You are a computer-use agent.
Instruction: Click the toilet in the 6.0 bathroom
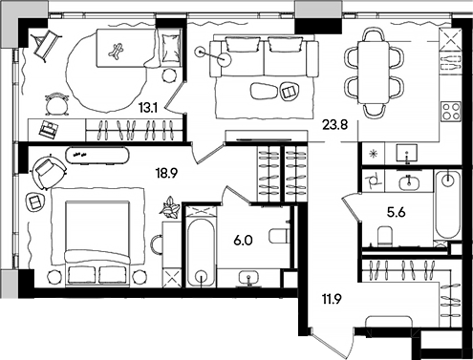pyautogui.click(x=279, y=236)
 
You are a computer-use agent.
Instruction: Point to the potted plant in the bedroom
pyautogui.click(x=171, y=205)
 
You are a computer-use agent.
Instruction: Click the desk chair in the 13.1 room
pyautogui.click(x=58, y=102)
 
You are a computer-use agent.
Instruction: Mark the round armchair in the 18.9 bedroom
pyautogui.click(x=46, y=171)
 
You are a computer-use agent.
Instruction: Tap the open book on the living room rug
pyautogui.click(x=287, y=90)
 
